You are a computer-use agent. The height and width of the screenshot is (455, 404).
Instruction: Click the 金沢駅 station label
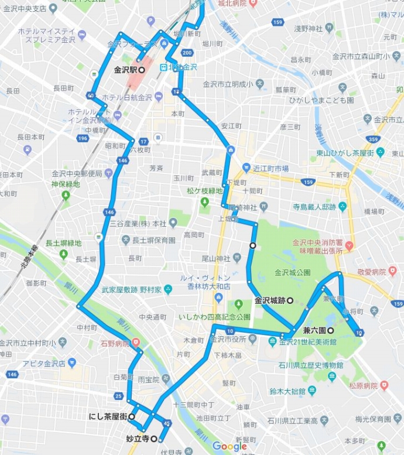(125, 70)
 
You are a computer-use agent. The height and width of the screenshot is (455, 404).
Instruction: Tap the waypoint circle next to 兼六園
(331, 330)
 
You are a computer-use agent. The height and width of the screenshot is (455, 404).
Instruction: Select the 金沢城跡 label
(269, 300)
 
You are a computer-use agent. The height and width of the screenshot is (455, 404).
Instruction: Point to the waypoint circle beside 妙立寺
(153, 438)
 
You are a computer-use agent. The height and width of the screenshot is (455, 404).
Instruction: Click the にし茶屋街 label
(108, 416)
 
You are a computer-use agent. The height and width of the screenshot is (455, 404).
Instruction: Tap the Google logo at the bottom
(230, 447)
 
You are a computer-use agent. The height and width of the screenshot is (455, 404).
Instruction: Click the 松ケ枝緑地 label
(205, 191)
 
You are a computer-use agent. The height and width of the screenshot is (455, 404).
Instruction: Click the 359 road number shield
(372, 139)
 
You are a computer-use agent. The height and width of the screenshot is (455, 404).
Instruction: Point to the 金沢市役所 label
(227, 339)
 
